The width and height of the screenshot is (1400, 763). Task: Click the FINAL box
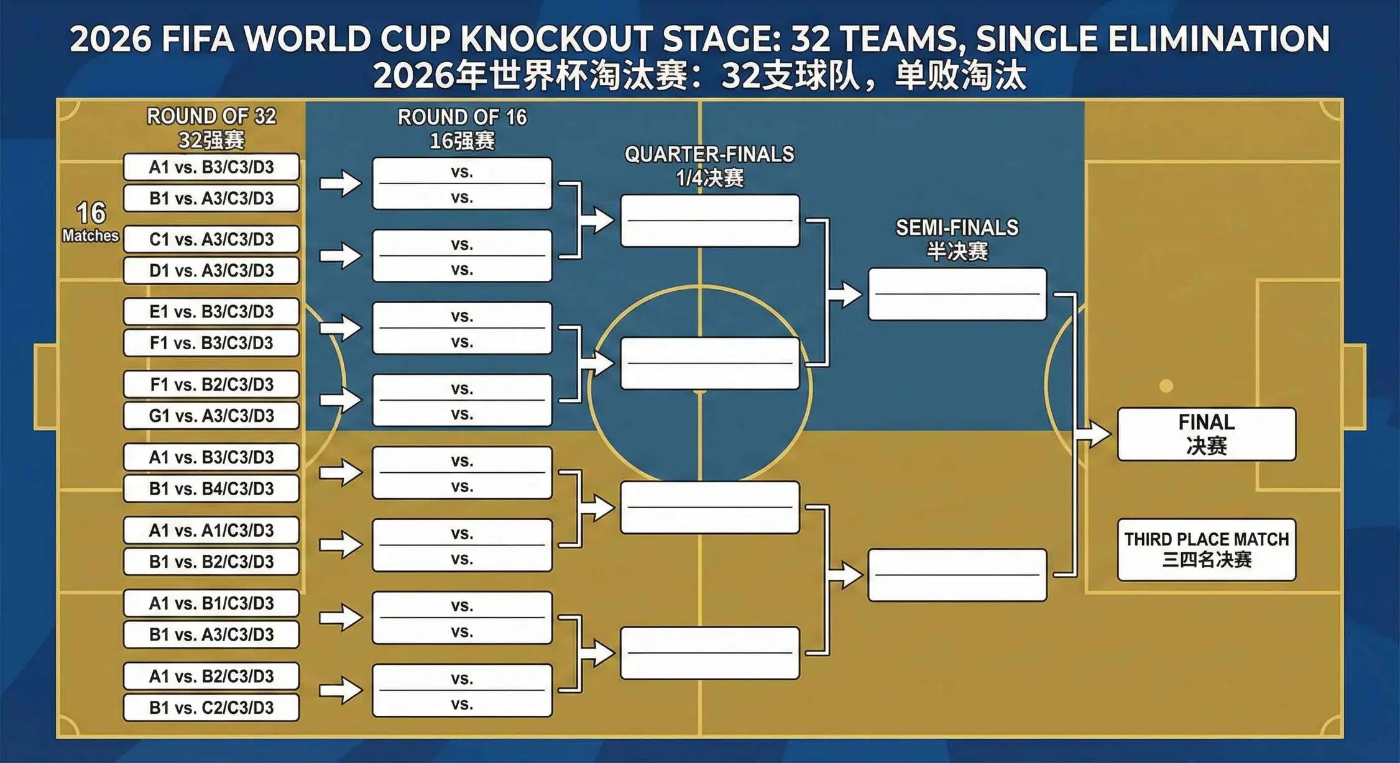coord(1206,434)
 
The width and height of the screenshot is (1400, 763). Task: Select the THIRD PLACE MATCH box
coord(1206,549)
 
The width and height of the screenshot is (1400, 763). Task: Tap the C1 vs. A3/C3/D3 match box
coord(211,239)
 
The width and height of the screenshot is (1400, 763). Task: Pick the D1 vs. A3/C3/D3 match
coord(211,270)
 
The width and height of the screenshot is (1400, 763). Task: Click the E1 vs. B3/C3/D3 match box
coord(211,311)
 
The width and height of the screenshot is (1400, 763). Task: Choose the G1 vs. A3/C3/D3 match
coord(211,415)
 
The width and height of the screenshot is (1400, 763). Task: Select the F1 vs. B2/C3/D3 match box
coord(211,384)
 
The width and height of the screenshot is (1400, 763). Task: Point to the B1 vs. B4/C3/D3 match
coord(211,488)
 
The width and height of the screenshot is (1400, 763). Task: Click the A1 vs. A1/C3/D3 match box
coord(211,530)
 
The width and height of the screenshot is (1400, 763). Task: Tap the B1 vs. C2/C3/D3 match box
coord(211,707)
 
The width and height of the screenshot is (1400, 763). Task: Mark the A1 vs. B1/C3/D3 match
coord(211,603)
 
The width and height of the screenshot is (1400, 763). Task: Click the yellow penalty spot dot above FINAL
coord(1166,386)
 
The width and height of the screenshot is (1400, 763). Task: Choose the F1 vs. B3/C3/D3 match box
coord(211,342)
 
